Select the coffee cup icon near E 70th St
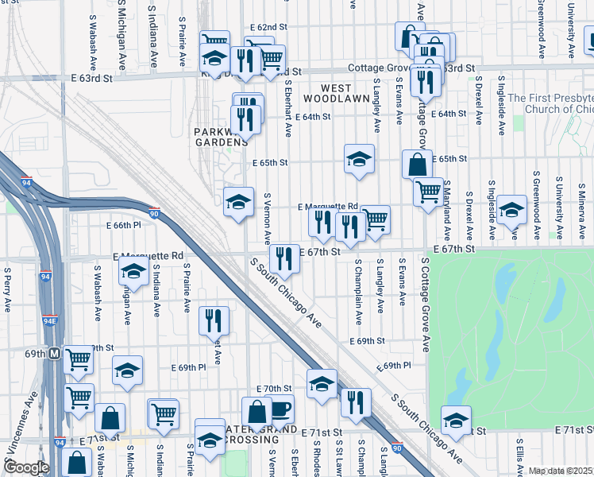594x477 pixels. pyautogui.click(x=280, y=410)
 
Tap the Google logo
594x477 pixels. pyautogui.click(x=25, y=467)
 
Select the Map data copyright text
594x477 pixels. pyautogui.click(x=561, y=471)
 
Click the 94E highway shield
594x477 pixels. pyautogui.click(x=50, y=321)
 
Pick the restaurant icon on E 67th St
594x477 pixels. pyautogui.click(x=283, y=257)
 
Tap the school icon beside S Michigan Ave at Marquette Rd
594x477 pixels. pyautogui.click(x=133, y=273)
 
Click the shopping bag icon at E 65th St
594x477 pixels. pyautogui.click(x=417, y=165)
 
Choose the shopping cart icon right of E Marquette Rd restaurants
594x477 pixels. pyautogui.click(x=375, y=219)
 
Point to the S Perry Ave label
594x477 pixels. pyautogui.click(x=7, y=293)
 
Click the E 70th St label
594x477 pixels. pyautogui.click(x=274, y=389)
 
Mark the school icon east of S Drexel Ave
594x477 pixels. pyautogui.click(x=512, y=210)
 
